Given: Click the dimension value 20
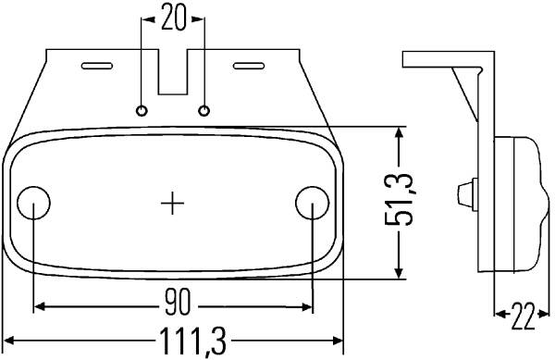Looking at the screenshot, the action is (173, 18).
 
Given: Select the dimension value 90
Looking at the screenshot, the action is (178, 302).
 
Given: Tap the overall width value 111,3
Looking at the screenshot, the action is (192, 341).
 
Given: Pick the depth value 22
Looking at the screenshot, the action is (523, 316).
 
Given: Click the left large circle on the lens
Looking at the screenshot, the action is (33, 203).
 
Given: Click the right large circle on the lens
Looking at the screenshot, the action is (313, 203).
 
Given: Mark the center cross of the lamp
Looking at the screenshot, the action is (172, 204).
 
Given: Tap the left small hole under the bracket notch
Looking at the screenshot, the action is (142, 111).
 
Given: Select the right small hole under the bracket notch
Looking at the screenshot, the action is (203, 111).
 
